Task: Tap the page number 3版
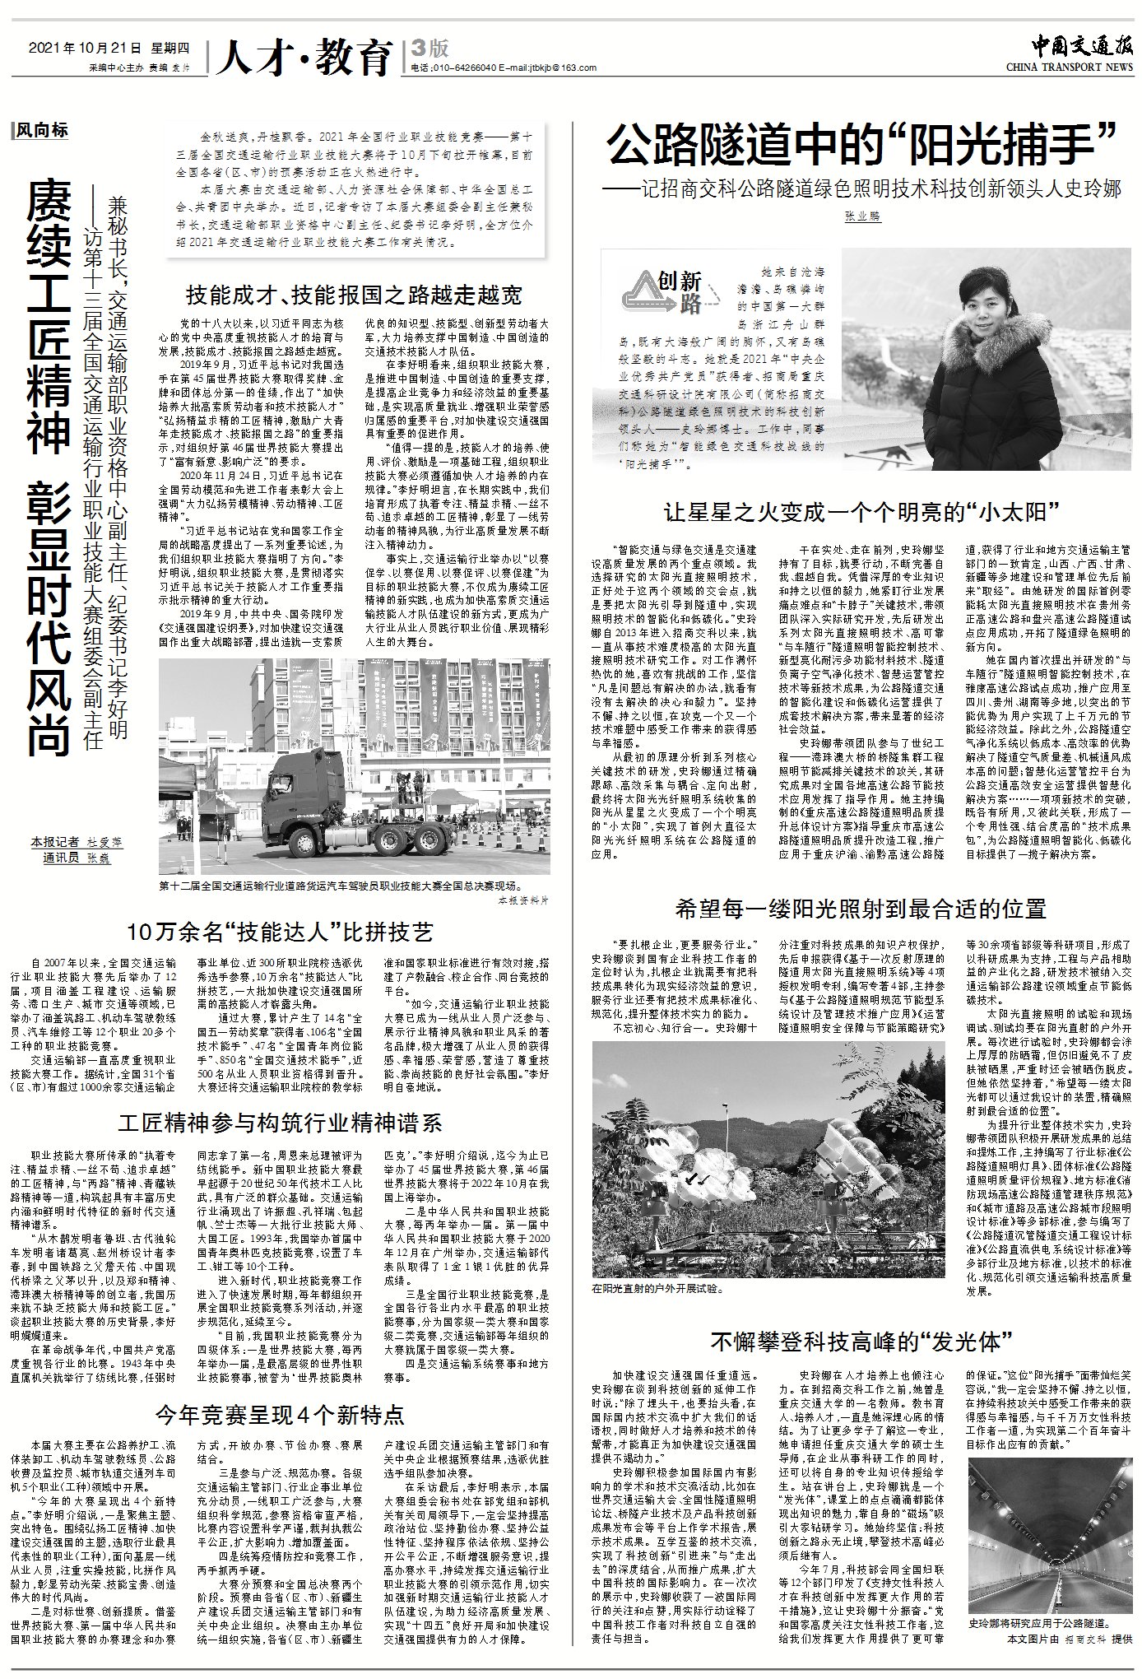(430, 49)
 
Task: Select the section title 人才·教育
(302, 57)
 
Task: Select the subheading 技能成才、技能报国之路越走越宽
(354, 295)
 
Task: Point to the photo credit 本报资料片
(524, 900)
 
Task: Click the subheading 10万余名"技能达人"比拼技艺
(280, 933)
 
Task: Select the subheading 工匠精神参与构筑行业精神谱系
(280, 1123)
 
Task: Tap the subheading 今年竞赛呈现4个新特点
(280, 1414)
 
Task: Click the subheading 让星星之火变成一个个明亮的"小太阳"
(861, 513)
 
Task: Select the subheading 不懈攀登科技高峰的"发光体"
(861, 1342)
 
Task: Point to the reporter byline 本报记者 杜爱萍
(76, 842)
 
